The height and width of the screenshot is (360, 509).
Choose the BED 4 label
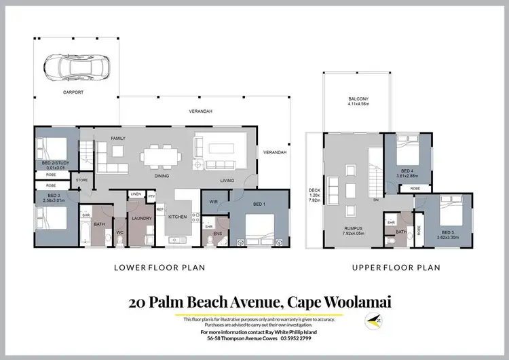coord(407,170)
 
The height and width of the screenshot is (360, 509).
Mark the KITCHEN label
coord(177,216)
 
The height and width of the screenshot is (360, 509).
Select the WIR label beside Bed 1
coord(214,201)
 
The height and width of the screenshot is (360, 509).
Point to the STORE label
coord(81,180)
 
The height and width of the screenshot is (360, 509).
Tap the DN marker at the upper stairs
coord(375,200)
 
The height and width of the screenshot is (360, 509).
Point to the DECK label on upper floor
coord(313,196)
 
